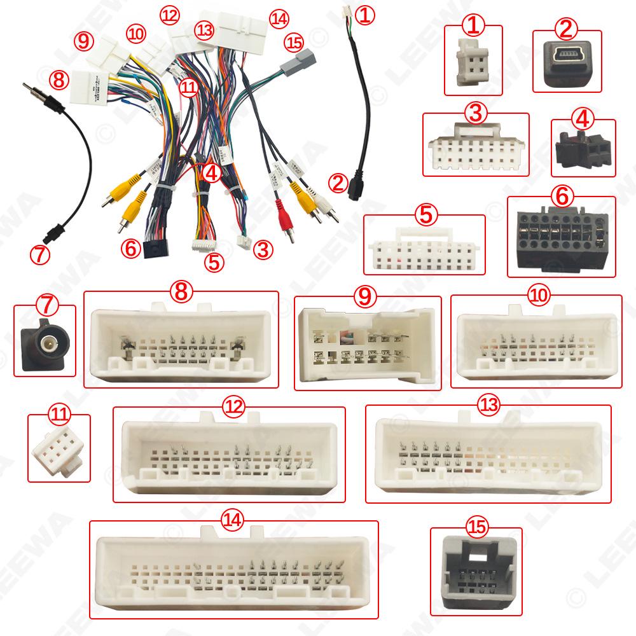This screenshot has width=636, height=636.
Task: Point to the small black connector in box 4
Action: click(x=581, y=149)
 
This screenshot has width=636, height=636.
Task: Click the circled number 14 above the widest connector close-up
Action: click(x=233, y=520)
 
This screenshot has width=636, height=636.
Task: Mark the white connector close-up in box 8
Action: click(x=181, y=343)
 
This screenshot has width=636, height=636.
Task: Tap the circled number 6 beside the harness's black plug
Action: click(x=131, y=249)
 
